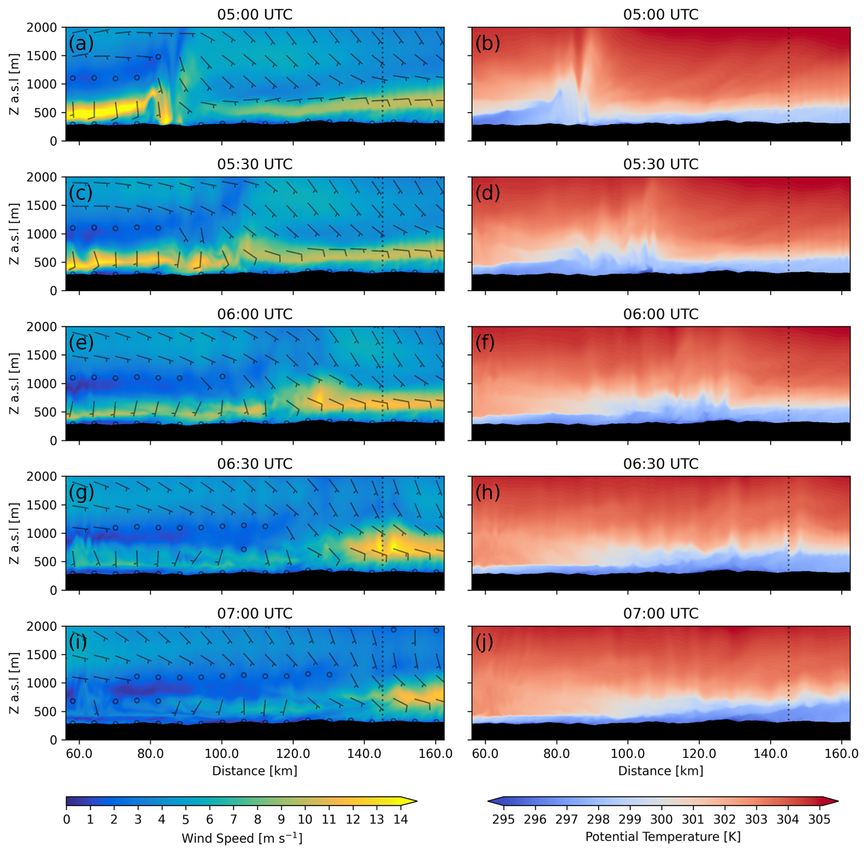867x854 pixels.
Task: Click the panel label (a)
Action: pos(81,44)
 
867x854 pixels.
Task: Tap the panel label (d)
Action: pos(488,193)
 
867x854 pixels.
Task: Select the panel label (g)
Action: pos(81,493)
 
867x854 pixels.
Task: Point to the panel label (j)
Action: pos(484,642)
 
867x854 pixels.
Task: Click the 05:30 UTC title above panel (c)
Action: pos(254,164)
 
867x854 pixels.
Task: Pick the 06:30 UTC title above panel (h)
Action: pos(660,464)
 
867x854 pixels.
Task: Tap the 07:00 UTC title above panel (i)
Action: pos(254,614)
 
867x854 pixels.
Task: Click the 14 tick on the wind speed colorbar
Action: pos(401,819)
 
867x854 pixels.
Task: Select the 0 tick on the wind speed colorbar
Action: pos(67,819)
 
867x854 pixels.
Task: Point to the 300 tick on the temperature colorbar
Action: pos(661,819)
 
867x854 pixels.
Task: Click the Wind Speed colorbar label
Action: pos(242,838)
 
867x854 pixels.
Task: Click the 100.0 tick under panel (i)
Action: pos(222,754)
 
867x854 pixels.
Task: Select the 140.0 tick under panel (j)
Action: pos(771,754)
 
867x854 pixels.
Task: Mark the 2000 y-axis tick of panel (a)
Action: pos(42,28)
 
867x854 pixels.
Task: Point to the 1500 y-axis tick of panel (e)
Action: pos(42,355)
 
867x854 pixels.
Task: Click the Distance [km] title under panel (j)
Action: pos(660,771)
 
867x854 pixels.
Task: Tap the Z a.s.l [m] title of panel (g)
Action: pos(15,533)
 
